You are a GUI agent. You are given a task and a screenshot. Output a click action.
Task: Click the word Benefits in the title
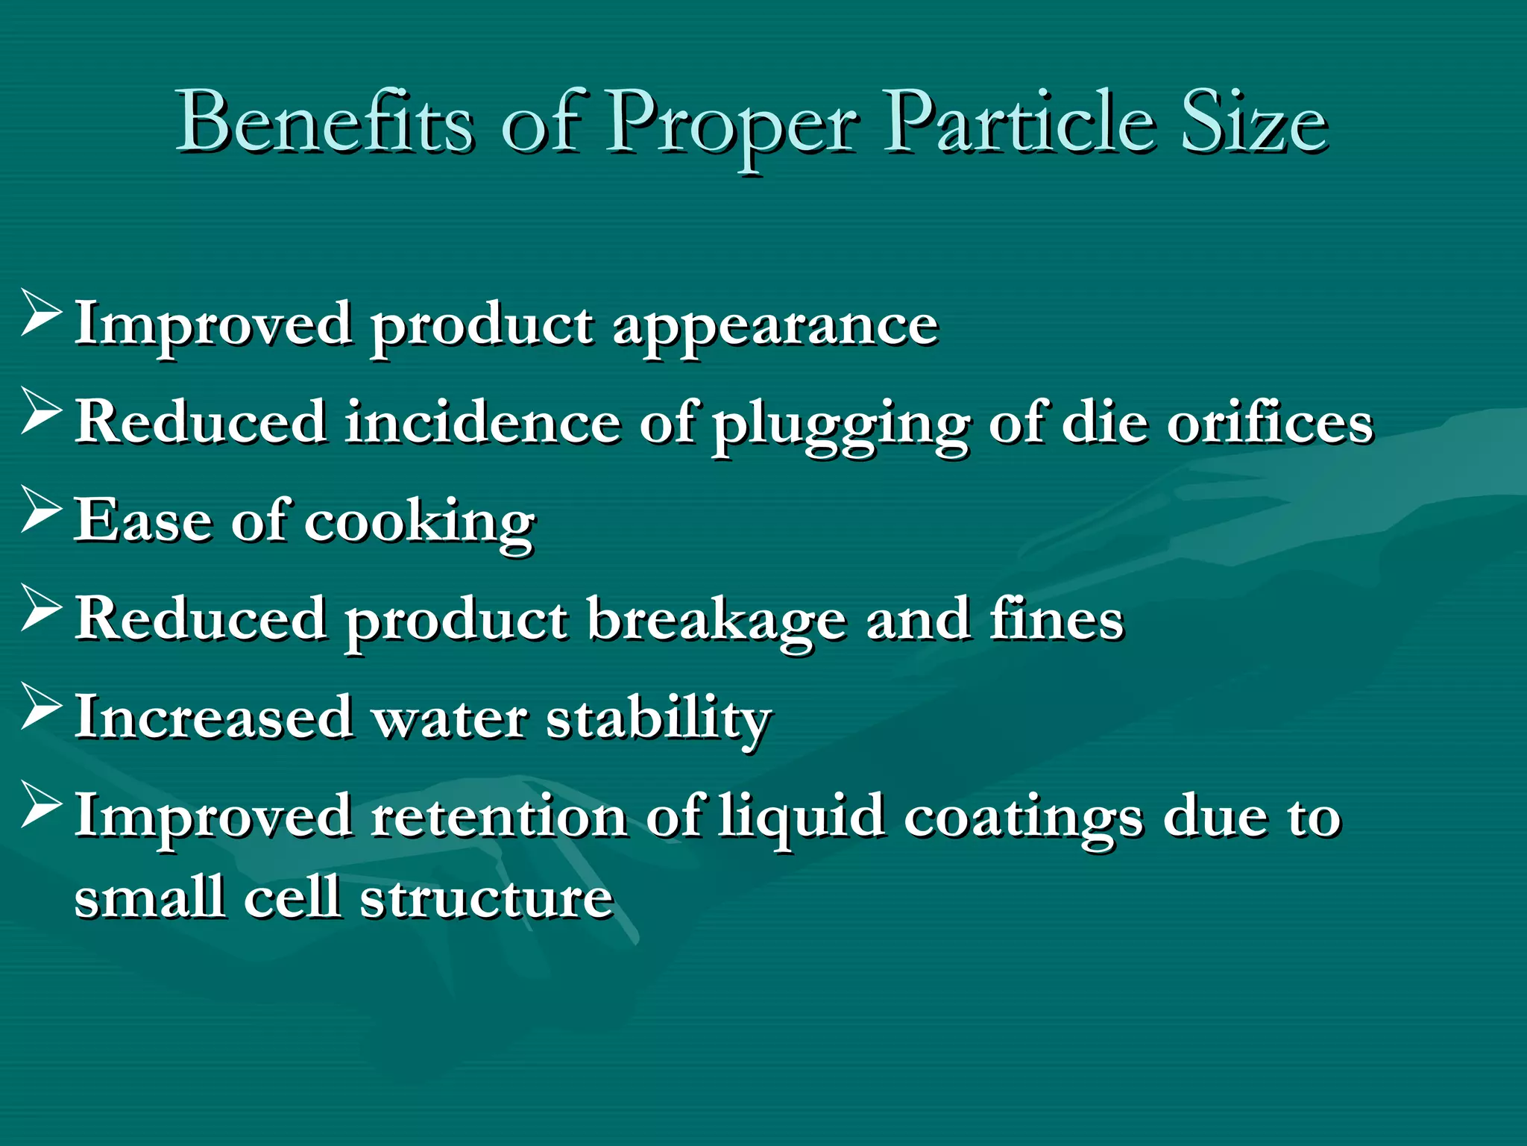pyautogui.click(x=325, y=122)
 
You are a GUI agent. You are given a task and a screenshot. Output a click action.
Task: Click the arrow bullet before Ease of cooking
pyautogui.click(x=42, y=509)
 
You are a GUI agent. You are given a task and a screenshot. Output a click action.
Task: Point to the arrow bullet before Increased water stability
pyautogui.click(x=42, y=706)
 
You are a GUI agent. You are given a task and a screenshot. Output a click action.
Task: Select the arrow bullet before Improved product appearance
pyautogui.click(x=42, y=313)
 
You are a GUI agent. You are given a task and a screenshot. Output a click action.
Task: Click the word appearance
pyautogui.click(x=775, y=327)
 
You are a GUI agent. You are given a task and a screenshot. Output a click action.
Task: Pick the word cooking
pyautogui.click(x=420, y=522)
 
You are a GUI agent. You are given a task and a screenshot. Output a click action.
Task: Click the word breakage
pyautogui.click(x=717, y=621)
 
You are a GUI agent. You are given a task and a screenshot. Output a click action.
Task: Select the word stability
pyautogui.click(x=658, y=718)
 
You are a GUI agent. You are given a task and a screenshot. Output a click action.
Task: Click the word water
pyautogui.click(x=450, y=718)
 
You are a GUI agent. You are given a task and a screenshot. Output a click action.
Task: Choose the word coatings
pyautogui.click(x=1023, y=818)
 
